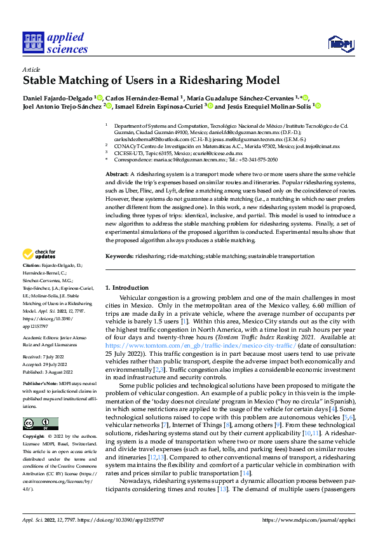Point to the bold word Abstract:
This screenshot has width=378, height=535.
(116, 173)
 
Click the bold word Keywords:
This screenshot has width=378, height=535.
(119, 255)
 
